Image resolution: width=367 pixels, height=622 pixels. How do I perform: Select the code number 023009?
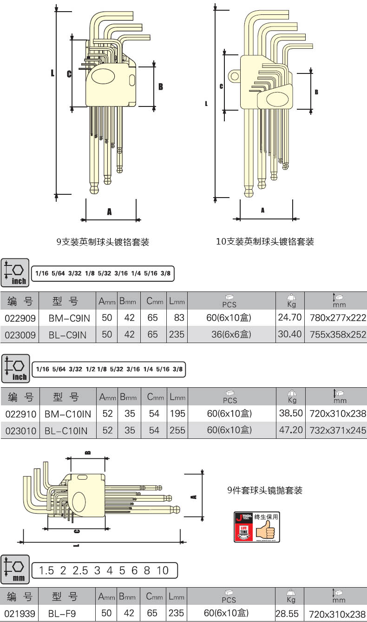click(20, 335)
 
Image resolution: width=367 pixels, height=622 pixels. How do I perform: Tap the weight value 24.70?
click(290, 318)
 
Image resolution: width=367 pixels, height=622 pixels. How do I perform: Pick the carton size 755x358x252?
click(338, 335)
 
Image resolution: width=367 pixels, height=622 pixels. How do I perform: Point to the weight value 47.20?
click(291, 430)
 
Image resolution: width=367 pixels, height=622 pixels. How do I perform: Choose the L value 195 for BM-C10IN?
click(177, 413)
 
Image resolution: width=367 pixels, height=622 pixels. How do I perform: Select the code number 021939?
click(20, 613)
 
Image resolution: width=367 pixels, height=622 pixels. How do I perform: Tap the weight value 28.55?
click(287, 614)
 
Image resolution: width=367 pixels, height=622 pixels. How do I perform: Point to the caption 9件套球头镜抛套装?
click(265, 490)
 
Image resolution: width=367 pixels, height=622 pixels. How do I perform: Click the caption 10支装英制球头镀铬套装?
click(265, 241)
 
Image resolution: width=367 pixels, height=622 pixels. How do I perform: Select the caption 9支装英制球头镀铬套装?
click(103, 242)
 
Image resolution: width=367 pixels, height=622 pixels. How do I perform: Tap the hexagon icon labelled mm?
click(15, 569)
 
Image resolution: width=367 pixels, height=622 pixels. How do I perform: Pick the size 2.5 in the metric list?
click(80, 570)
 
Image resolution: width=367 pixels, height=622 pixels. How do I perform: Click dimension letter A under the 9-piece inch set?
click(110, 212)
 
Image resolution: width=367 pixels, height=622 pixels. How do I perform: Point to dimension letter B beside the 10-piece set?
click(316, 92)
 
